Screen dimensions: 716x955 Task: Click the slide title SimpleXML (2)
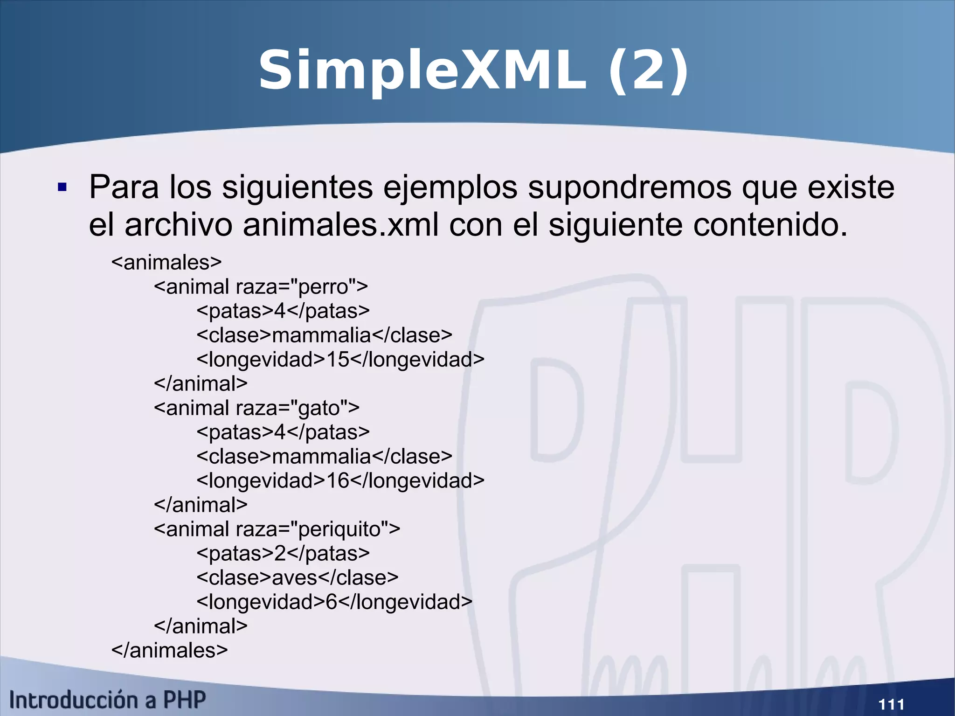[x=473, y=71]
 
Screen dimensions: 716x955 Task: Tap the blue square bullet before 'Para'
[x=62, y=188]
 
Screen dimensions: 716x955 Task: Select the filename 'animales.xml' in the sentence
[x=340, y=225]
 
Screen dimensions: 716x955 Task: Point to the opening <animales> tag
[x=166, y=262]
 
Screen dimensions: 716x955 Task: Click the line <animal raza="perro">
[x=261, y=286]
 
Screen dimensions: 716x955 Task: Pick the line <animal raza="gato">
[x=256, y=408]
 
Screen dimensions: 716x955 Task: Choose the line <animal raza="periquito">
[x=277, y=529]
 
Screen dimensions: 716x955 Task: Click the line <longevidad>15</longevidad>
[x=340, y=359]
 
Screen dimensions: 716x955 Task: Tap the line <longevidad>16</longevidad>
[x=340, y=480]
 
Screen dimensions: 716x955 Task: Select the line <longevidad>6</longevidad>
[x=334, y=602]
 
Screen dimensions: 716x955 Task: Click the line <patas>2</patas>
[x=283, y=553]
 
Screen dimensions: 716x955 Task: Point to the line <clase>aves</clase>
[x=298, y=577]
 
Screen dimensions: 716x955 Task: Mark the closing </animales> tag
[x=169, y=650]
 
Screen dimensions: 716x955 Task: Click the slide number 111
[x=891, y=703]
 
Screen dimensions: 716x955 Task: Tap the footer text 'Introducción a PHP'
[x=107, y=700]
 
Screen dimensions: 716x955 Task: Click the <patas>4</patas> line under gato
[x=283, y=432]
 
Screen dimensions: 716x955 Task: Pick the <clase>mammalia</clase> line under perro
[x=324, y=335]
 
